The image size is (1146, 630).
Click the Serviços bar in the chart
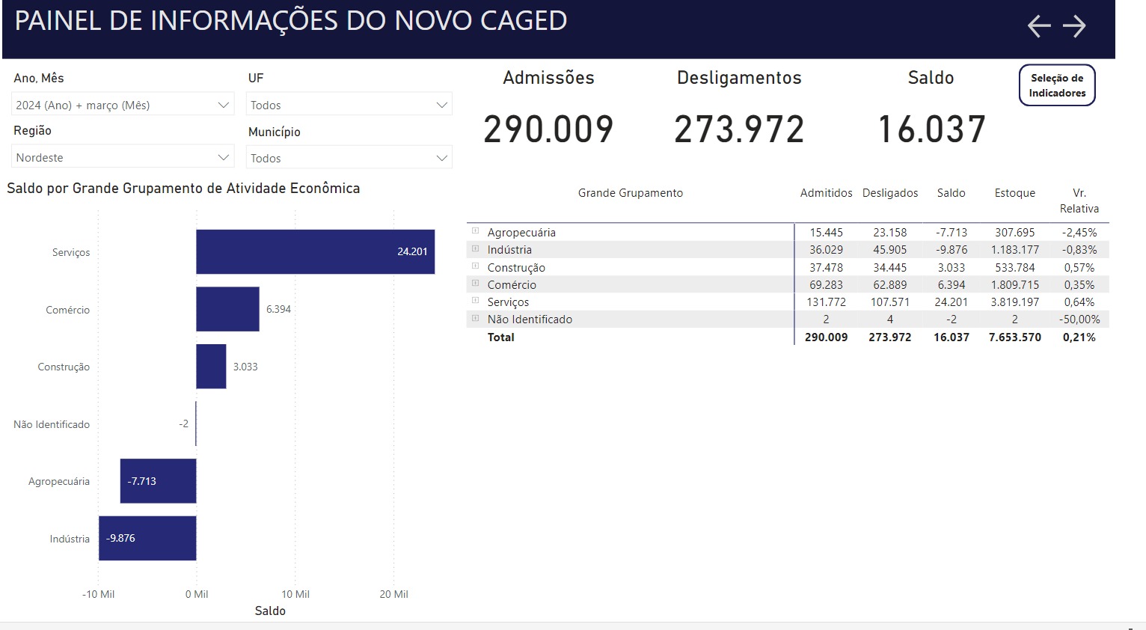315,252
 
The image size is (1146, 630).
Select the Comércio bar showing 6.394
227,309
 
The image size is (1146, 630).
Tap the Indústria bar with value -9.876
147,539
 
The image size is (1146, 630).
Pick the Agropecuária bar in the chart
158,481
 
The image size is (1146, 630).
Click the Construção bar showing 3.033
211,367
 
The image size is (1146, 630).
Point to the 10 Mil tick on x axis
295,594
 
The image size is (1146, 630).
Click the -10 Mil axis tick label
98,594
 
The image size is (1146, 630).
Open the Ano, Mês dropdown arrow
224,105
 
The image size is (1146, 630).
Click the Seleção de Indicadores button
1057,85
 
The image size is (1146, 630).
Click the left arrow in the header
1039,26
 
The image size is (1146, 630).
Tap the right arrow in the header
1074,26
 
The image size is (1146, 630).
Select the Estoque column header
1015,193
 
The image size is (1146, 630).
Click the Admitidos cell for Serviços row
827,302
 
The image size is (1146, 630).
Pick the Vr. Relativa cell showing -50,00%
1079,319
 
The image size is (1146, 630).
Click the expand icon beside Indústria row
475,248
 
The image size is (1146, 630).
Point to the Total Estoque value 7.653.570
1015,337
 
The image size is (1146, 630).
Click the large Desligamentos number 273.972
739,129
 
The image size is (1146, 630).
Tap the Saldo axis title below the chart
270,611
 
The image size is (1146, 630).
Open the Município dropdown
349,158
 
